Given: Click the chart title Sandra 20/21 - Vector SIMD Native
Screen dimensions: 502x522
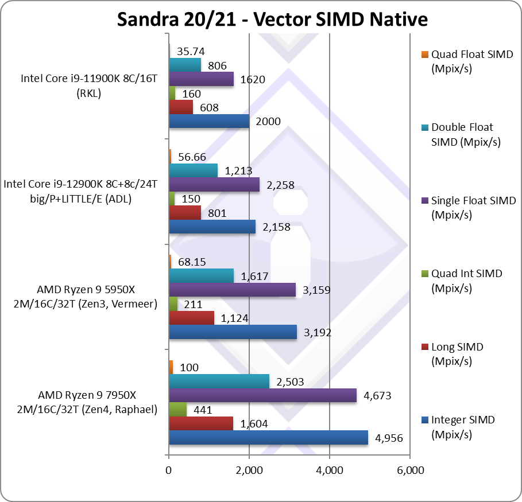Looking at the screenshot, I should (272, 19).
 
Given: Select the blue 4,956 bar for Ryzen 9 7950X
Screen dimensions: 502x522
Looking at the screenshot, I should (268, 438).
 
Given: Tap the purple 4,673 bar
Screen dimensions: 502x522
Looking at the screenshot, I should (262, 396).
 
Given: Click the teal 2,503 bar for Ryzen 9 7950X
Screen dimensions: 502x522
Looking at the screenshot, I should (219, 382).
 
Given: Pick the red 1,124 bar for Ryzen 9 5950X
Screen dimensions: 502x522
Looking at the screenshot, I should (191, 318).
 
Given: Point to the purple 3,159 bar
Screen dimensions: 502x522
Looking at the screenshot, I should (232, 290).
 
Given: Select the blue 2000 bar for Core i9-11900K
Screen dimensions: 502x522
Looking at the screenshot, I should (209, 121).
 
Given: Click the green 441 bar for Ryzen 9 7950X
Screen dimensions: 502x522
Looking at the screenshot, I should (177, 410).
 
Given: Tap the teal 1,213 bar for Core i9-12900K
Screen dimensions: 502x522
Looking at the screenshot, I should (193, 170).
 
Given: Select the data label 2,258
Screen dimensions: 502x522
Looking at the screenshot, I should (280, 184).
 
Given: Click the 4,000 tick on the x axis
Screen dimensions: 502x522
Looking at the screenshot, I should (329, 470).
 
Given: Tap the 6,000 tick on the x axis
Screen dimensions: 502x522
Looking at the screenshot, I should (409, 470).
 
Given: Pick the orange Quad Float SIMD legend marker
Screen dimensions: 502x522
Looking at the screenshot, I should (424, 55).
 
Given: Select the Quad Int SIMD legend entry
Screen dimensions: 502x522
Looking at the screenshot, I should (466, 281).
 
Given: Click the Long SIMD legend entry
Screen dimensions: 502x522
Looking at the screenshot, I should (457, 354).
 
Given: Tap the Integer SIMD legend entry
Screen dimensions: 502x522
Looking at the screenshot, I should (462, 427).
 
